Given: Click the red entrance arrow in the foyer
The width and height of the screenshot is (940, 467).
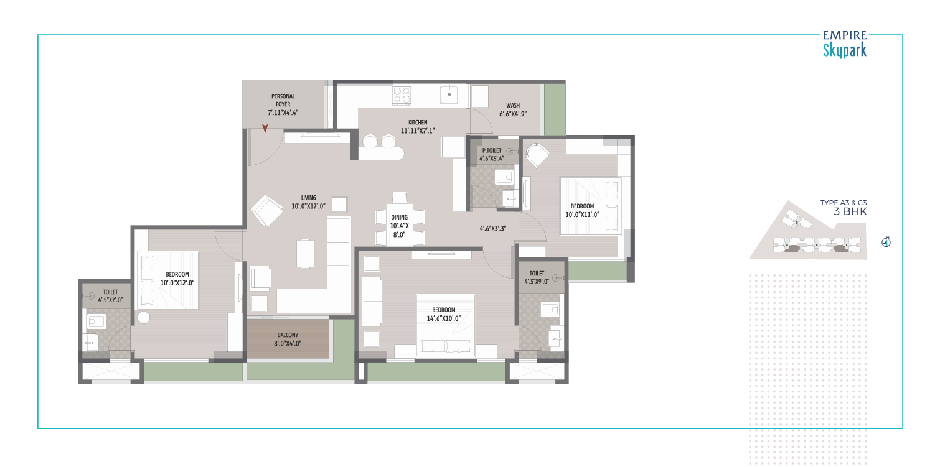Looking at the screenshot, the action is [x=265, y=128].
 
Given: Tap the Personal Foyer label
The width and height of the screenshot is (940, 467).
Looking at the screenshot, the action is [x=283, y=100].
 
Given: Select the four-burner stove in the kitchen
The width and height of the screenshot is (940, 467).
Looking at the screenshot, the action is [x=402, y=95].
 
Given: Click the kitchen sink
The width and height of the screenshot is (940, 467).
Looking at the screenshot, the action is [x=449, y=95].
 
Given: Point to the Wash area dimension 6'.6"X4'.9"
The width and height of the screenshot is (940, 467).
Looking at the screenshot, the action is [x=513, y=114].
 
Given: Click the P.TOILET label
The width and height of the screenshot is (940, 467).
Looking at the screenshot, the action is [x=492, y=150].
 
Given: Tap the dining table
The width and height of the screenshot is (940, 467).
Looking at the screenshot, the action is [x=399, y=226].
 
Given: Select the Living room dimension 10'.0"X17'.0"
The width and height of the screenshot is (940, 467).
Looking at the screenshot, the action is [x=308, y=206].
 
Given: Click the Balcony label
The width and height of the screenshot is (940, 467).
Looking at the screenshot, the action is [x=288, y=335].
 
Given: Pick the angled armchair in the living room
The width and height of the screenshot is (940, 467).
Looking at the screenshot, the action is [x=266, y=210].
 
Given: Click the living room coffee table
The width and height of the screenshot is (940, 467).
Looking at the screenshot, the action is [x=306, y=253].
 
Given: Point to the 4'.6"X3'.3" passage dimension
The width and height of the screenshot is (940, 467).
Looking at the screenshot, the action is [x=492, y=228].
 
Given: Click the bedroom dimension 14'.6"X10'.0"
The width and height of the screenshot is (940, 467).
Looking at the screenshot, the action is [x=444, y=318].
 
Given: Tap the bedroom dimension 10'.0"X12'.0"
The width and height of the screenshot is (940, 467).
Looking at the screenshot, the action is [x=177, y=283].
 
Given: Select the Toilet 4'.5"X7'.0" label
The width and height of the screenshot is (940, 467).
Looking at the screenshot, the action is [x=110, y=296].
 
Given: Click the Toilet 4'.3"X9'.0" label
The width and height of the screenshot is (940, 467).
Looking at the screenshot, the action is [x=537, y=277].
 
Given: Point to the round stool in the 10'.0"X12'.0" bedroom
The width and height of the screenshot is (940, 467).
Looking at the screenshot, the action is [x=144, y=318].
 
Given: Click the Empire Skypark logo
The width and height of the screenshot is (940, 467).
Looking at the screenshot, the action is [x=845, y=44].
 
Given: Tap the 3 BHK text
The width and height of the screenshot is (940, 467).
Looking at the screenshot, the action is [x=850, y=211].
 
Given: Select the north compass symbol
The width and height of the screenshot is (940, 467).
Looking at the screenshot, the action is [x=886, y=242].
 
